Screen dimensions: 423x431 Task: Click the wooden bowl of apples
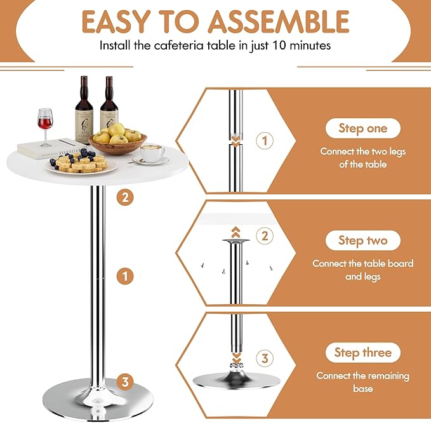(x=117, y=140)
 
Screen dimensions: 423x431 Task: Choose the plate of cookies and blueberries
(x=80, y=164)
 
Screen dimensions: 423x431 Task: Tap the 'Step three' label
(x=363, y=352)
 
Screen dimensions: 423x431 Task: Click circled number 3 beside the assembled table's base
(x=126, y=381)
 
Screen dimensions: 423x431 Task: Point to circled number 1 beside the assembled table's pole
(x=126, y=276)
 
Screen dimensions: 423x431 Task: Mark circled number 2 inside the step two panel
(x=266, y=236)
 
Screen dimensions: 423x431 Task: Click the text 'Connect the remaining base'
(x=363, y=382)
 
